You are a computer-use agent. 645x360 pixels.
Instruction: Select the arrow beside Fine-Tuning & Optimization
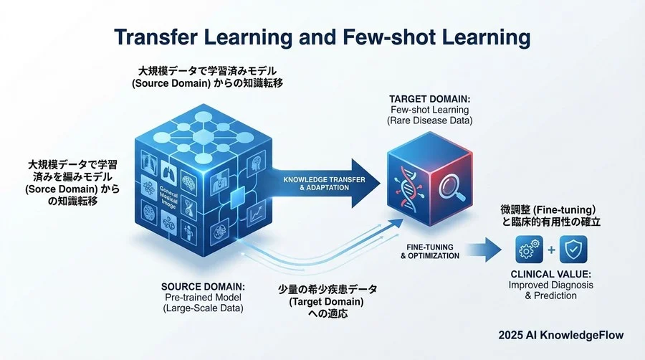(487, 250)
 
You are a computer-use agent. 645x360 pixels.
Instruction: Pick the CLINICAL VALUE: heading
(553, 273)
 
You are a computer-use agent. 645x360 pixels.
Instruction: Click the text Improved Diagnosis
(553, 285)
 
